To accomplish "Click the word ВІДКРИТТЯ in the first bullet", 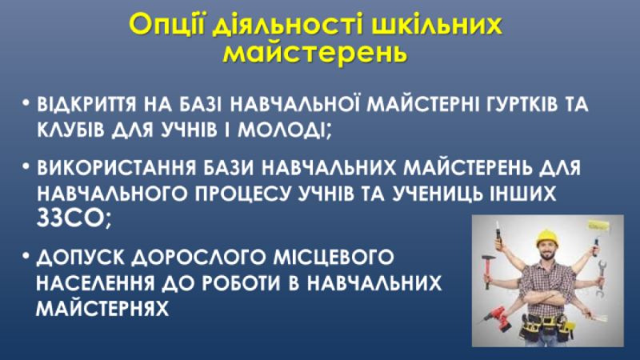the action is pyautogui.click(x=86, y=104).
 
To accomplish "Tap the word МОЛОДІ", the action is pyautogui.click(x=284, y=130).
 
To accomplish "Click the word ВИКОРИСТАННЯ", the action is pyautogui.click(x=116, y=168).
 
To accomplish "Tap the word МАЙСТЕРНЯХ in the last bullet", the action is pyautogui.click(x=102, y=308).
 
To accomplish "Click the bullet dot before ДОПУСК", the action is pyautogui.click(x=26, y=256).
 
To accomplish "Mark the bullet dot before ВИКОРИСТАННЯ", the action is pyautogui.click(x=26, y=167).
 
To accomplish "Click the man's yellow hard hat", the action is pyautogui.click(x=547, y=237).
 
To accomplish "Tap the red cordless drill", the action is pyautogui.click(x=497, y=318).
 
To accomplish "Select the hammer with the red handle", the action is pyautogui.click(x=488, y=270).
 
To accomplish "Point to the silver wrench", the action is pyautogui.click(x=601, y=277).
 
